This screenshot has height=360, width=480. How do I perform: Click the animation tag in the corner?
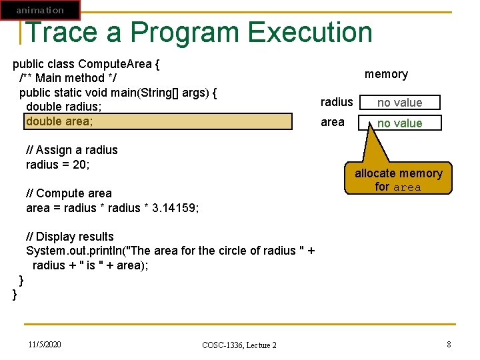[40, 10]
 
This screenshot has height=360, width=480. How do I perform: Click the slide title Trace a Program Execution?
[199, 32]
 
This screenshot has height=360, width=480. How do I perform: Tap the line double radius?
[63, 107]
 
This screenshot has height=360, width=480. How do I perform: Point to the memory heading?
[386, 74]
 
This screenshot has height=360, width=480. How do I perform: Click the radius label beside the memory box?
[337, 102]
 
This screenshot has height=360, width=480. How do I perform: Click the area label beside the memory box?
[333, 123]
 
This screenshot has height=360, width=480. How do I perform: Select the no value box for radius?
[399, 103]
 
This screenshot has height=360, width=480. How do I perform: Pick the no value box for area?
[399, 123]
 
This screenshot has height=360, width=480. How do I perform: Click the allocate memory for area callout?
[398, 180]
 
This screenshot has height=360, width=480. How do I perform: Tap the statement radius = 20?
[57, 165]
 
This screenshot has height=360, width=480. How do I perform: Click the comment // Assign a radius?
[71, 150]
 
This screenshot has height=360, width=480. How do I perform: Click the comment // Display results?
[70, 237]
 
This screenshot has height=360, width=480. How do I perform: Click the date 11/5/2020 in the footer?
[45, 344]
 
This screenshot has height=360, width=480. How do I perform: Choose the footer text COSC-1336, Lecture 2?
[239, 345]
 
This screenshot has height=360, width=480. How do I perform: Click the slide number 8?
[449, 344]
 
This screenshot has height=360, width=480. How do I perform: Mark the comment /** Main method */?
[62, 78]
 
